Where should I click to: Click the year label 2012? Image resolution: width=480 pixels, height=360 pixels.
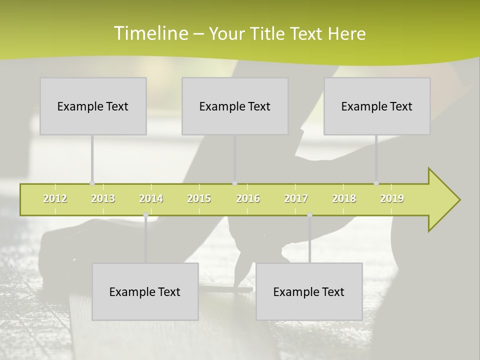55,198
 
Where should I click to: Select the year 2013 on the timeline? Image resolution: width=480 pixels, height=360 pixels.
103,198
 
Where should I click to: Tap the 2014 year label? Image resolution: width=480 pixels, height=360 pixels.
151,198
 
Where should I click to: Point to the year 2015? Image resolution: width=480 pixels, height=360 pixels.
199,198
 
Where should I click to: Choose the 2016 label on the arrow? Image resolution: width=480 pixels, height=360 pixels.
248,198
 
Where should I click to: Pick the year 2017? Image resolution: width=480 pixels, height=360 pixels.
296,198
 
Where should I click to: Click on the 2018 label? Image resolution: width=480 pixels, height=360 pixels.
344,198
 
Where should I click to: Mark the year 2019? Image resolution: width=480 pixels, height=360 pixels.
392,198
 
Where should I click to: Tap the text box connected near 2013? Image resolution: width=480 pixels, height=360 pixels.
93,106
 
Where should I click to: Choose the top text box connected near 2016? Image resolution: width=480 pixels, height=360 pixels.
235,106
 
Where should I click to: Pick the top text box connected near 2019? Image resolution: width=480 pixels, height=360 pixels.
377,106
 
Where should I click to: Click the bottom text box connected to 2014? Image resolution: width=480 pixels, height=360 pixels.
145,292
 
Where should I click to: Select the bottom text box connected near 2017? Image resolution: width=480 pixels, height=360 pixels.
309,292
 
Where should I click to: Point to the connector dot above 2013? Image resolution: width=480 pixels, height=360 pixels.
92,183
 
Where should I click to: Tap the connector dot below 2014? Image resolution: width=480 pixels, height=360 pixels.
145,215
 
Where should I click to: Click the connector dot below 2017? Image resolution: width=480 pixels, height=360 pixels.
309,215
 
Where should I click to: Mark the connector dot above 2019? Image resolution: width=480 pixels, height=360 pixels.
376,183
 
